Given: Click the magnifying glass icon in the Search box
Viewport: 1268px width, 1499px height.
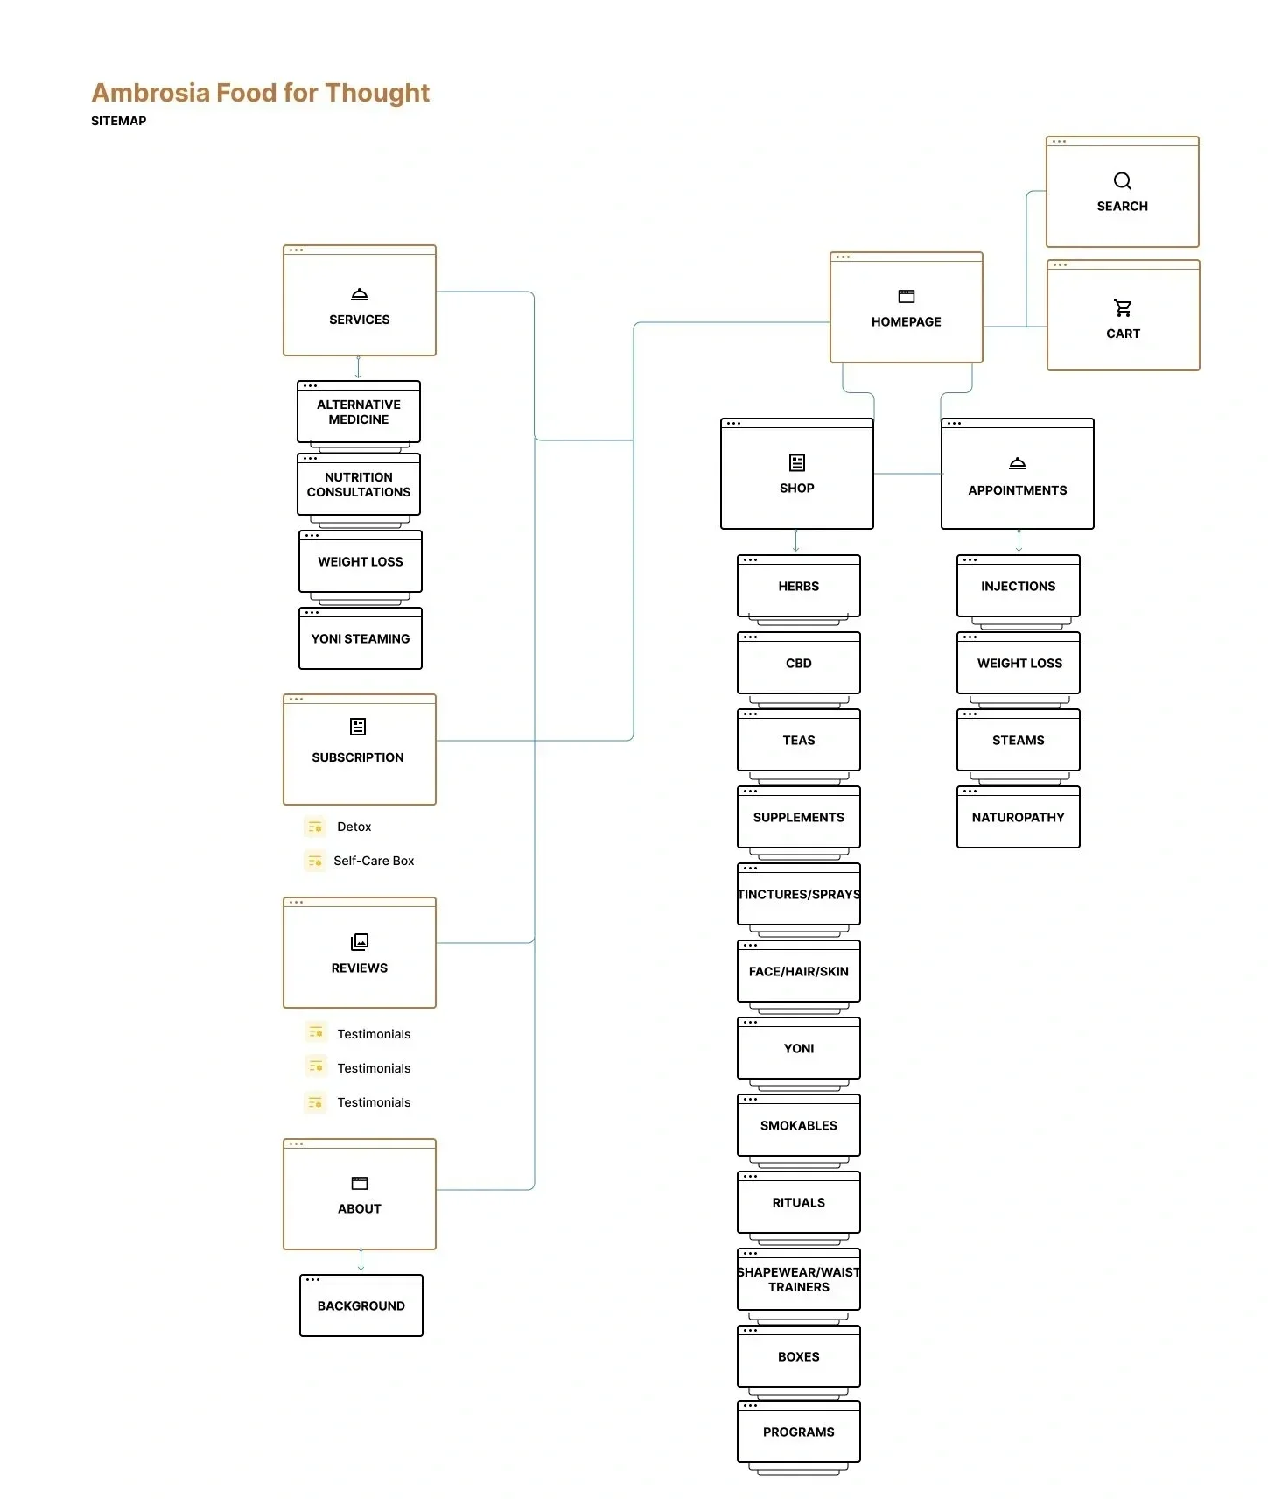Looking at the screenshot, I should [1122, 181].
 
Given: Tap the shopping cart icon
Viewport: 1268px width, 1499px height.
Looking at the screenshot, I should [1123, 308].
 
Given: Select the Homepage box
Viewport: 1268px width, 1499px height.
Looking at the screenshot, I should [906, 308].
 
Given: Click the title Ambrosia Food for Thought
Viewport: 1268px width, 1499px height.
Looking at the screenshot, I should [260, 93].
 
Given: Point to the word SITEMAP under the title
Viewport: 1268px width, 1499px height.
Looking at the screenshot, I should [118, 121].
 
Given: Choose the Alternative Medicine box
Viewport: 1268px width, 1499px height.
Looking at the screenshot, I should [359, 412].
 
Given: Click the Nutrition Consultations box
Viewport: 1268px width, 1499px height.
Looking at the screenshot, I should [359, 485].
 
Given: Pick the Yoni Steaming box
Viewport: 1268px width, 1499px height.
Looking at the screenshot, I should [361, 639].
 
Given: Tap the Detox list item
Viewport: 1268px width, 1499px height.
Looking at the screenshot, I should [354, 827].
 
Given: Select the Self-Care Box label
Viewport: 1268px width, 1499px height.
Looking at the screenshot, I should [374, 861].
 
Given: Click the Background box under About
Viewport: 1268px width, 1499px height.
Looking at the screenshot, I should [361, 1305].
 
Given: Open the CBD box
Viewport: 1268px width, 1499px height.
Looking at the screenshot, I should [798, 664].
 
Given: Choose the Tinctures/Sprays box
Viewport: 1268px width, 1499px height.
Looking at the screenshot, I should [798, 895].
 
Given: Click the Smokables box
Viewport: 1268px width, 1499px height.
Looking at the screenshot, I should [798, 1126].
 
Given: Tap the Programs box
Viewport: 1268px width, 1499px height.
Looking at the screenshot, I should [798, 1432].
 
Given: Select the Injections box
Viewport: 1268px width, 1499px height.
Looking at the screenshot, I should [1018, 587].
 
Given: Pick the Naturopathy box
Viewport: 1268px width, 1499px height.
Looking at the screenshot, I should [1018, 818].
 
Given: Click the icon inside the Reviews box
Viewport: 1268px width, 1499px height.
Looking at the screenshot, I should [360, 942].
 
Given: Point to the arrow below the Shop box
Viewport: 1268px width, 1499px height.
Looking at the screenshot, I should [795, 541].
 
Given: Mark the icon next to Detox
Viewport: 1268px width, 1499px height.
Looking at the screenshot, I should [315, 827].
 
